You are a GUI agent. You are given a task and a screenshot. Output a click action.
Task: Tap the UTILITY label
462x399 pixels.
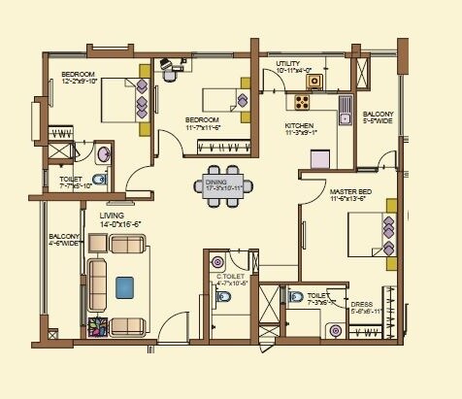291,66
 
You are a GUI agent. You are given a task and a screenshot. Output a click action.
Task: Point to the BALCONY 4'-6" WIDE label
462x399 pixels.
62,240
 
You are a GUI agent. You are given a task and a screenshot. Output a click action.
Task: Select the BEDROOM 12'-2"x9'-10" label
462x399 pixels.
78,78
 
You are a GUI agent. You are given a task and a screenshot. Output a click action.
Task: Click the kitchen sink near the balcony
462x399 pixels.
345,118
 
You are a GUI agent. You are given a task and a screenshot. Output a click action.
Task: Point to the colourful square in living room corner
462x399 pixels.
98,327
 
